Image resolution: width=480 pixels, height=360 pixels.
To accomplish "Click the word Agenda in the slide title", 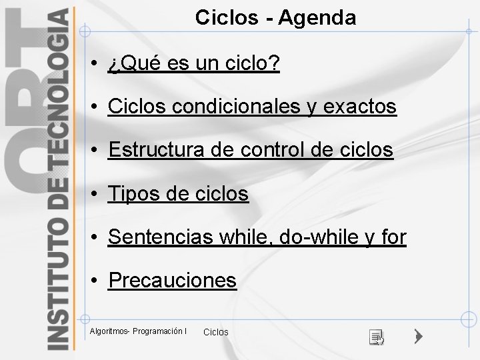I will [317, 18].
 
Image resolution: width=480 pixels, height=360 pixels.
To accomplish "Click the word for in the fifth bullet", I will [393, 237].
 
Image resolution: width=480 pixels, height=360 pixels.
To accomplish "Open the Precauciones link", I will [172, 281].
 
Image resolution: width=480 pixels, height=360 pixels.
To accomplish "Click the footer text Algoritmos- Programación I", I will [138, 331].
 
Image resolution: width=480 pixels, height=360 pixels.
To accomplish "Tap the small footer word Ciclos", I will [215, 332].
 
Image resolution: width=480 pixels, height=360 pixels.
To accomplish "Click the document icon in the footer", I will [377, 337].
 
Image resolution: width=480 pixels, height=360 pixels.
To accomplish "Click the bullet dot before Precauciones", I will [96, 281].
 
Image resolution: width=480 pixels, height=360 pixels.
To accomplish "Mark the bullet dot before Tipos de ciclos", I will [96, 195].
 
